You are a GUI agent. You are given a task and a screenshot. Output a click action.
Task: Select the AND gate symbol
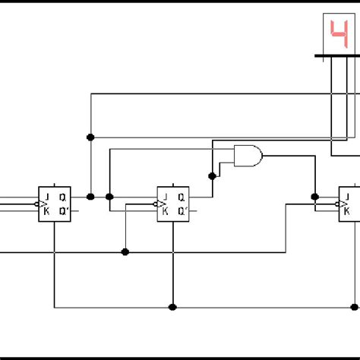[x=248, y=155]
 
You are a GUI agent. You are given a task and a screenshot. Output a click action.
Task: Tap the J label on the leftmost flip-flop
[x=47, y=196]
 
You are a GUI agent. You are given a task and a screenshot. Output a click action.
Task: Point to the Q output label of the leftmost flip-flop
[x=63, y=196]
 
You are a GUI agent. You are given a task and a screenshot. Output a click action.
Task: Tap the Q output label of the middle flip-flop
[x=182, y=196]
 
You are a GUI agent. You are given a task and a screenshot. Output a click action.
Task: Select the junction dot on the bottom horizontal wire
[x=173, y=307]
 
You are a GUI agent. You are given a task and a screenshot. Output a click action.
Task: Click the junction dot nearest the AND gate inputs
[x=213, y=175]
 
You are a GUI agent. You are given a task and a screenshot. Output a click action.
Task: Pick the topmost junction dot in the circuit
[x=91, y=137]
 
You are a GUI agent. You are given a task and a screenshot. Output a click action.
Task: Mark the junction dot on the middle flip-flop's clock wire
[x=125, y=251]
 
